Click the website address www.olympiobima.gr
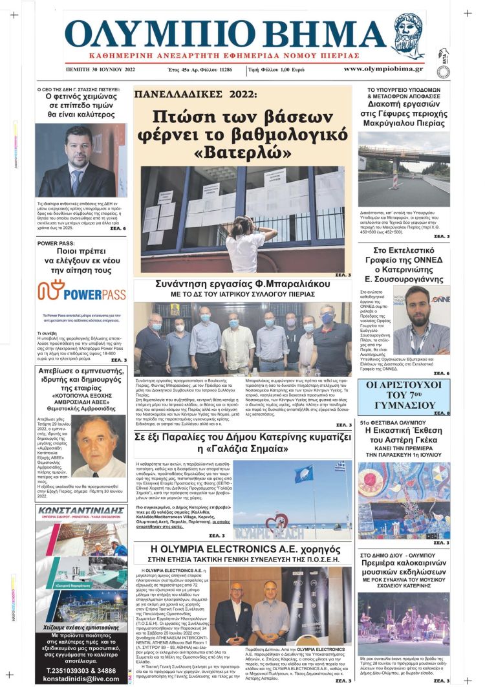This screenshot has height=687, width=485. click(x=383, y=69)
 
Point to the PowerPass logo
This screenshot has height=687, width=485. click(x=81, y=293)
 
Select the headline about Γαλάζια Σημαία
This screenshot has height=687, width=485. click(x=243, y=442)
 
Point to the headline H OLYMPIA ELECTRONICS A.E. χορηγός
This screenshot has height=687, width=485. click(x=243, y=551)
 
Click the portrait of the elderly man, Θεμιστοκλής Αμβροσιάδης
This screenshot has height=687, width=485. click(x=99, y=446)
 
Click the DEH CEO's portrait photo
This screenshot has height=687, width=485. click(x=81, y=160)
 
